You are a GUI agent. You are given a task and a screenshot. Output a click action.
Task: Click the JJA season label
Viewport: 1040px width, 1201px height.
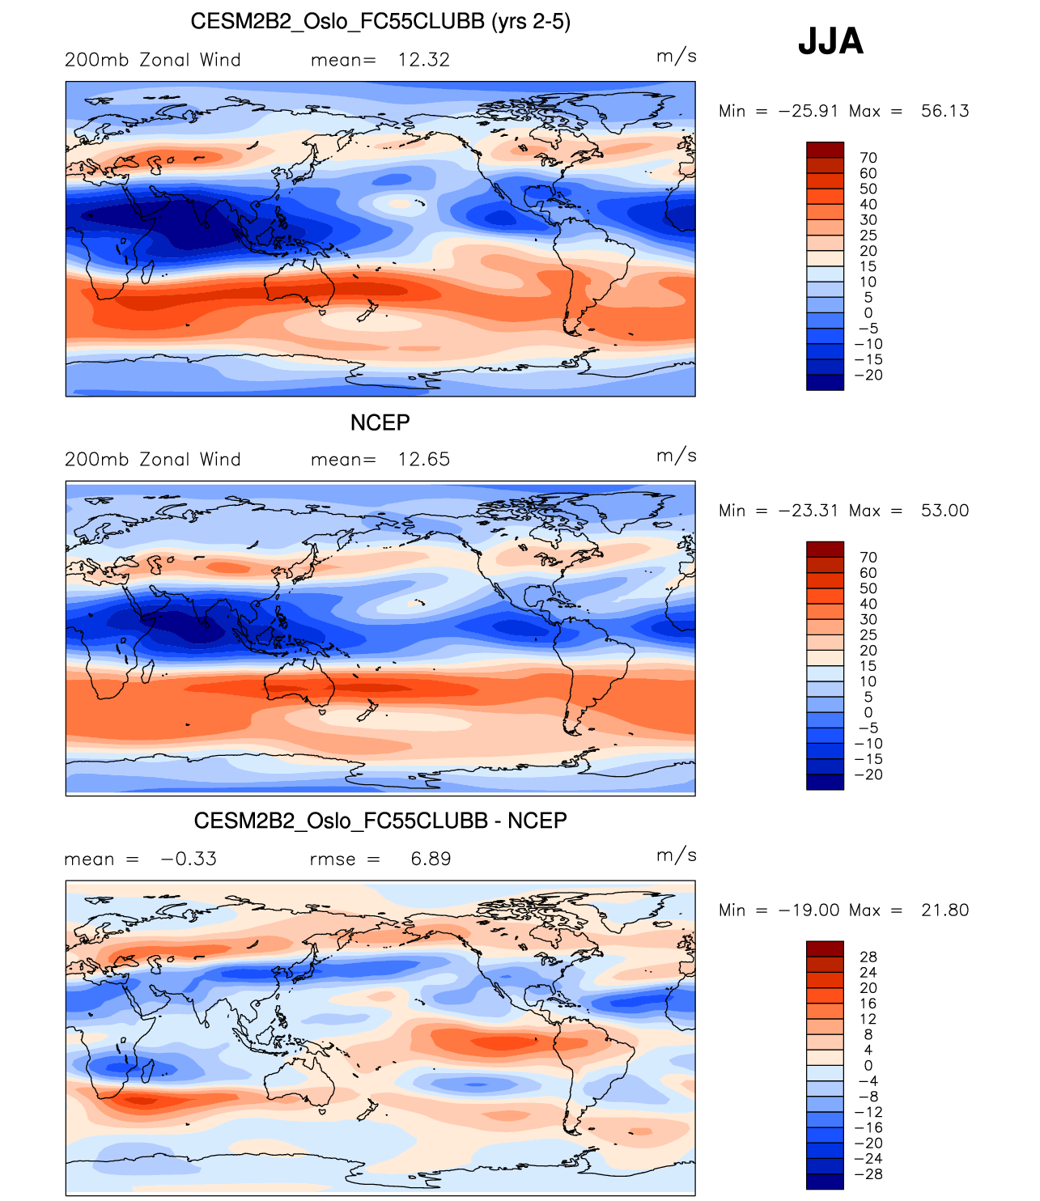(830, 40)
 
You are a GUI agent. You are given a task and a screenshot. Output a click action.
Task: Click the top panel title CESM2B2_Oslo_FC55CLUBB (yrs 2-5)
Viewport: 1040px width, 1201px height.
(380, 22)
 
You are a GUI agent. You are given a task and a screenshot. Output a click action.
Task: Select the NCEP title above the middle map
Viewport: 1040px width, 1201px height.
(380, 422)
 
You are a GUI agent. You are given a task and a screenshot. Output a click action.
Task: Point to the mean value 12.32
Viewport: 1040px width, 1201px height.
(423, 60)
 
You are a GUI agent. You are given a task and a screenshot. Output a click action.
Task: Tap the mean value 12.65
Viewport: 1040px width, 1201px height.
(423, 460)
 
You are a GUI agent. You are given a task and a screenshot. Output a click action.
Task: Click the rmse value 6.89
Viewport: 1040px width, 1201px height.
(431, 859)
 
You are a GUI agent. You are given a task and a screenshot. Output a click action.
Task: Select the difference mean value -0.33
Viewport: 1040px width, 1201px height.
(189, 859)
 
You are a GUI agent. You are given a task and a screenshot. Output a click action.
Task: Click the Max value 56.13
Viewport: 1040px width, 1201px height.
(944, 112)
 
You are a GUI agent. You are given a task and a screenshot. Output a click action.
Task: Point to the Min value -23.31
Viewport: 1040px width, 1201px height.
(809, 511)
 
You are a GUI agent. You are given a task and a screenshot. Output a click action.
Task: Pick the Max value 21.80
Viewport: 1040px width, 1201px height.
(944, 910)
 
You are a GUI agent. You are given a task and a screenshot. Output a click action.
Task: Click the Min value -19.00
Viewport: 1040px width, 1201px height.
(809, 910)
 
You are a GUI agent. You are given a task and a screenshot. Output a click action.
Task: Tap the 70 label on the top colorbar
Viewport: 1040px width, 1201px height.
(868, 158)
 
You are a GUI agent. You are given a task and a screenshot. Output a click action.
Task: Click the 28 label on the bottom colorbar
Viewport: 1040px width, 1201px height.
(868, 957)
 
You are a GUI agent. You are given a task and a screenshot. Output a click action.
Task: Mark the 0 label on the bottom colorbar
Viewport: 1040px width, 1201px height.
(868, 1066)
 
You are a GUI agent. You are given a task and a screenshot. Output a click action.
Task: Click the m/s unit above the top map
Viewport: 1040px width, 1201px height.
(676, 56)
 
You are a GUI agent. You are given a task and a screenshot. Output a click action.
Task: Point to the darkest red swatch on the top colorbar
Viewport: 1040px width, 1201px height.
(825, 150)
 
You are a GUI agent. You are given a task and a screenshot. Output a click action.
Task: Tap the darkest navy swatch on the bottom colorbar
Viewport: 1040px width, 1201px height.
(825, 1182)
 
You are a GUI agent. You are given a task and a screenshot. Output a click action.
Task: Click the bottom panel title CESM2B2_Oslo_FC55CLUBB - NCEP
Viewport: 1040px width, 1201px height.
(380, 821)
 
